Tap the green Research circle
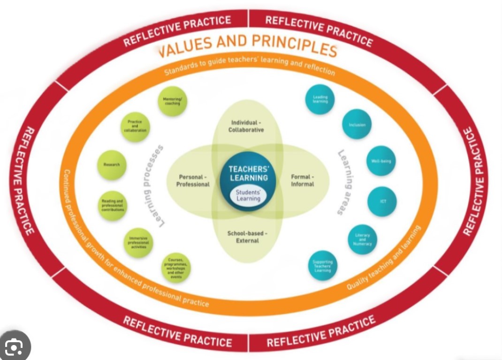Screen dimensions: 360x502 click(x=112, y=165)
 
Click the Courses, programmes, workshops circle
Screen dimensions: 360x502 click(x=175, y=268)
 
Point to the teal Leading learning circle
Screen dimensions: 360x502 click(x=320, y=99)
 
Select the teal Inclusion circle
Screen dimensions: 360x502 click(x=357, y=124)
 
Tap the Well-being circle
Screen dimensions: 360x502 click(x=380, y=161)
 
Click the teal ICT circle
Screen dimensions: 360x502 click(x=382, y=202)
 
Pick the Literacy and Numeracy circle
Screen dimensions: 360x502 click(x=362, y=240)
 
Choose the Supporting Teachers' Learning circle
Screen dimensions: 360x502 click(x=322, y=265)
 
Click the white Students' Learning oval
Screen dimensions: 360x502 click(x=248, y=195)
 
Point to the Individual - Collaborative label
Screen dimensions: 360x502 click(x=246, y=126)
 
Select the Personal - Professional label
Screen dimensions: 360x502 click(x=193, y=180)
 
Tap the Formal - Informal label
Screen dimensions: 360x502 click(x=303, y=180)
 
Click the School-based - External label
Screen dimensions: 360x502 click(x=247, y=237)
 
